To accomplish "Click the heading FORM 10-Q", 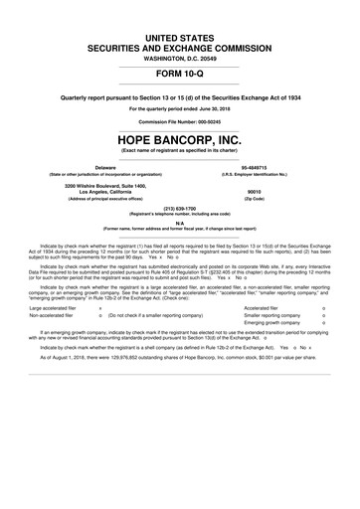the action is (x=180, y=75).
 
